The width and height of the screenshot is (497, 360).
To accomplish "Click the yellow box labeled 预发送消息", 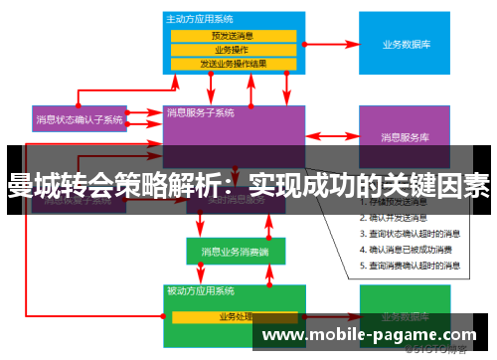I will [233, 36].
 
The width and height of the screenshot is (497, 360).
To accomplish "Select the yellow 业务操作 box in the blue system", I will [233, 50].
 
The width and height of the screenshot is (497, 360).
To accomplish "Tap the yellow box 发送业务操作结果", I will [233, 64].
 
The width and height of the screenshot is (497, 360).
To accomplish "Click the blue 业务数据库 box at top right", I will [405, 45].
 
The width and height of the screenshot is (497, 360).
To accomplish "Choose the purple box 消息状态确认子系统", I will [80, 119].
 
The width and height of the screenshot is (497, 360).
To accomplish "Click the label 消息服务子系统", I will [201, 112].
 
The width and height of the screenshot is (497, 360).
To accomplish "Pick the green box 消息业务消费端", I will [229, 251].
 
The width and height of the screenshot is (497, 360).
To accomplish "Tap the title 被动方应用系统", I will [201, 291].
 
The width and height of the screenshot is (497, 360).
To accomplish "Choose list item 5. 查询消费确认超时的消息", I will [409, 266].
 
